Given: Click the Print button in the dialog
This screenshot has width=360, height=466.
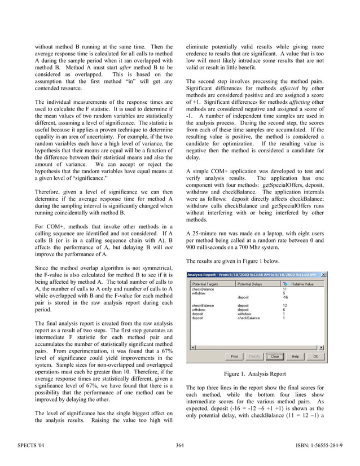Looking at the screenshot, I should point(234,357).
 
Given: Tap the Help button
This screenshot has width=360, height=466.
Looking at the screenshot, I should point(295,357).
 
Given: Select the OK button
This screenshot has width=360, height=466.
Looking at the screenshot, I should point(315,357).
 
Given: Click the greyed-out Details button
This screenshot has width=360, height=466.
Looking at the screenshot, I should point(254,357).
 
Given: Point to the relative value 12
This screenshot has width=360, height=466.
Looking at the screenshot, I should point(284,305).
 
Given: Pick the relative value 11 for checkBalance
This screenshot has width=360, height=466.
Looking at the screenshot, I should point(284,289).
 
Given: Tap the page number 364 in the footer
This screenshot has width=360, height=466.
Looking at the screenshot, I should point(180,447).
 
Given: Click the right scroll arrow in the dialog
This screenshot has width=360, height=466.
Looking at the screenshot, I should point(322,348).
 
